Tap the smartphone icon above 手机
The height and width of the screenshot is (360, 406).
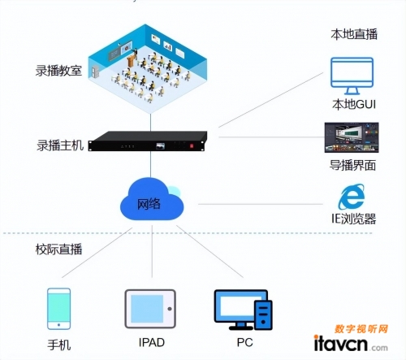click(x=59, y=309)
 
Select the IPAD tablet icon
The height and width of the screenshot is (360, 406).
click(x=150, y=309)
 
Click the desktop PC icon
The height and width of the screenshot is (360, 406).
click(x=243, y=310)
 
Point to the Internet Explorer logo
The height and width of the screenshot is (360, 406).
click(x=352, y=197)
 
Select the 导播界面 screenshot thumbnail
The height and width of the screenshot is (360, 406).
click(x=352, y=137)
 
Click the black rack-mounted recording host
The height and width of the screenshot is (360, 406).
click(x=148, y=141)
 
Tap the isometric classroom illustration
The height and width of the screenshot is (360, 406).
click(x=148, y=67)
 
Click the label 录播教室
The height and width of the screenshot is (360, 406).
click(x=58, y=71)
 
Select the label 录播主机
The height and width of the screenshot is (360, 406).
click(x=60, y=145)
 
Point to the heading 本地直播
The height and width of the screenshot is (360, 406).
click(x=354, y=34)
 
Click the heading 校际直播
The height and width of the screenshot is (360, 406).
click(x=58, y=249)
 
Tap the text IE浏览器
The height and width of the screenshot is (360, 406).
click(x=354, y=219)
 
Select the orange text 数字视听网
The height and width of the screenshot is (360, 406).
click(x=361, y=329)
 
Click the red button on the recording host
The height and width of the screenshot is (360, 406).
click(x=192, y=146)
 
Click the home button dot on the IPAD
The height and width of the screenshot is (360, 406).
click(x=170, y=309)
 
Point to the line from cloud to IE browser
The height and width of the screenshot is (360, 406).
click(x=261, y=204)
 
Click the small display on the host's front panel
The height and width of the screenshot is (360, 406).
click(x=161, y=146)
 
